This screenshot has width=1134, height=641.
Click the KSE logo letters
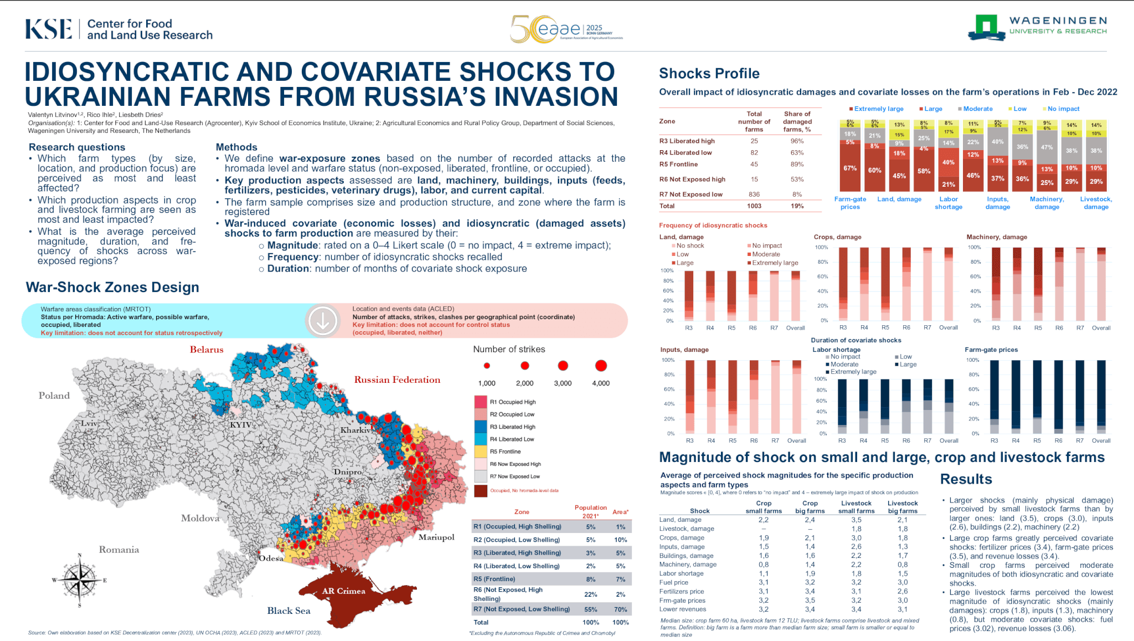[49, 29]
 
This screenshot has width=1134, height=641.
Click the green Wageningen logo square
[986, 25]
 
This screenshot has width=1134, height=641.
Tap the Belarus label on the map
[207, 350]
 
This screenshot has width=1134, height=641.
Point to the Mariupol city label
[436, 537]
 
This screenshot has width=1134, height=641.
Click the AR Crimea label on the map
[343, 591]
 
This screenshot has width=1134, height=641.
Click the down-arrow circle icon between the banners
[323, 321]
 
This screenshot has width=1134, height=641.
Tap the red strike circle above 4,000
[601, 366]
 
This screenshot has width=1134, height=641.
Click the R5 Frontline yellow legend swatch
[480, 452]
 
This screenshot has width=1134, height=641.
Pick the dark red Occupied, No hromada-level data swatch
[480, 491]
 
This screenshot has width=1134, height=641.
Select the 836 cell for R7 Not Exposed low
[754, 194]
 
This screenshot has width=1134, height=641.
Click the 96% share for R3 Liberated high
[797, 141]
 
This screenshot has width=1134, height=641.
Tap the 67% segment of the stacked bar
[850, 168]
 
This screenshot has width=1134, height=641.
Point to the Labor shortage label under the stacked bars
[949, 203]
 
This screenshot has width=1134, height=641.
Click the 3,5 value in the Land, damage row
[856, 520]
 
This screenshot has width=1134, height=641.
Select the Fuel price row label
[673, 582]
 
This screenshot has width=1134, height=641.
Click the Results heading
[966, 479]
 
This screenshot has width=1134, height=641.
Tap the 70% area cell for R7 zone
[620, 609]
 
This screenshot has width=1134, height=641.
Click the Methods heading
[236, 147]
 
